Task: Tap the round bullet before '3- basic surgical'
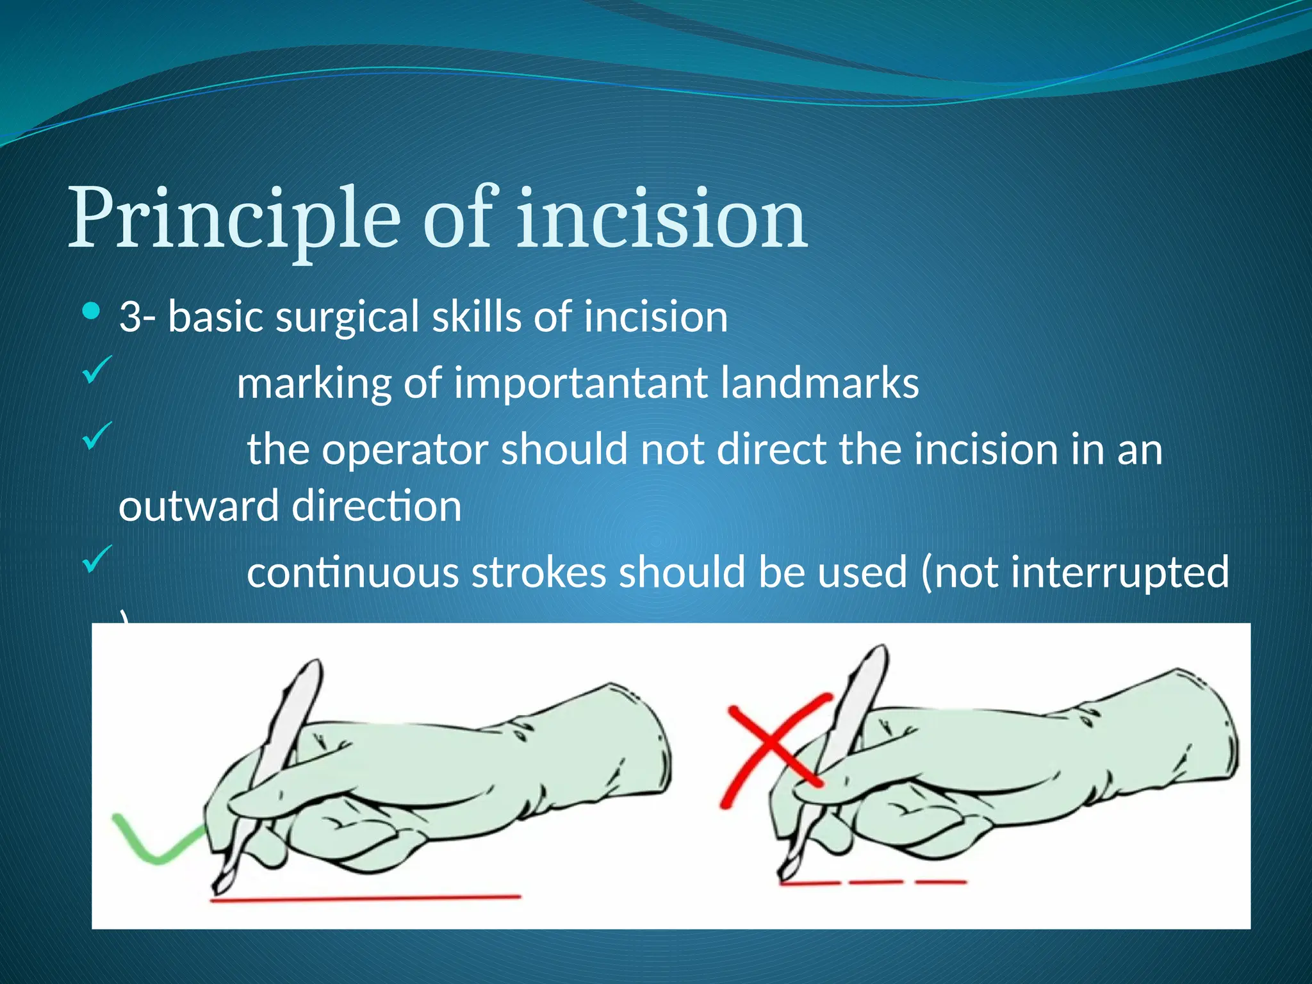coord(92,312)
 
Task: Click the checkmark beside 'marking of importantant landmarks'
coord(97,370)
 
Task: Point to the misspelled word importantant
coord(580,383)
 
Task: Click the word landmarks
coord(819,383)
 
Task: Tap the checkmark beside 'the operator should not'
coord(97,436)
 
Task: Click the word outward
coord(198,506)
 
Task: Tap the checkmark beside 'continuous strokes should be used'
coord(97,559)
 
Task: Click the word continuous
coord(352,572)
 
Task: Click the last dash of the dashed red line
coord(940,883)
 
